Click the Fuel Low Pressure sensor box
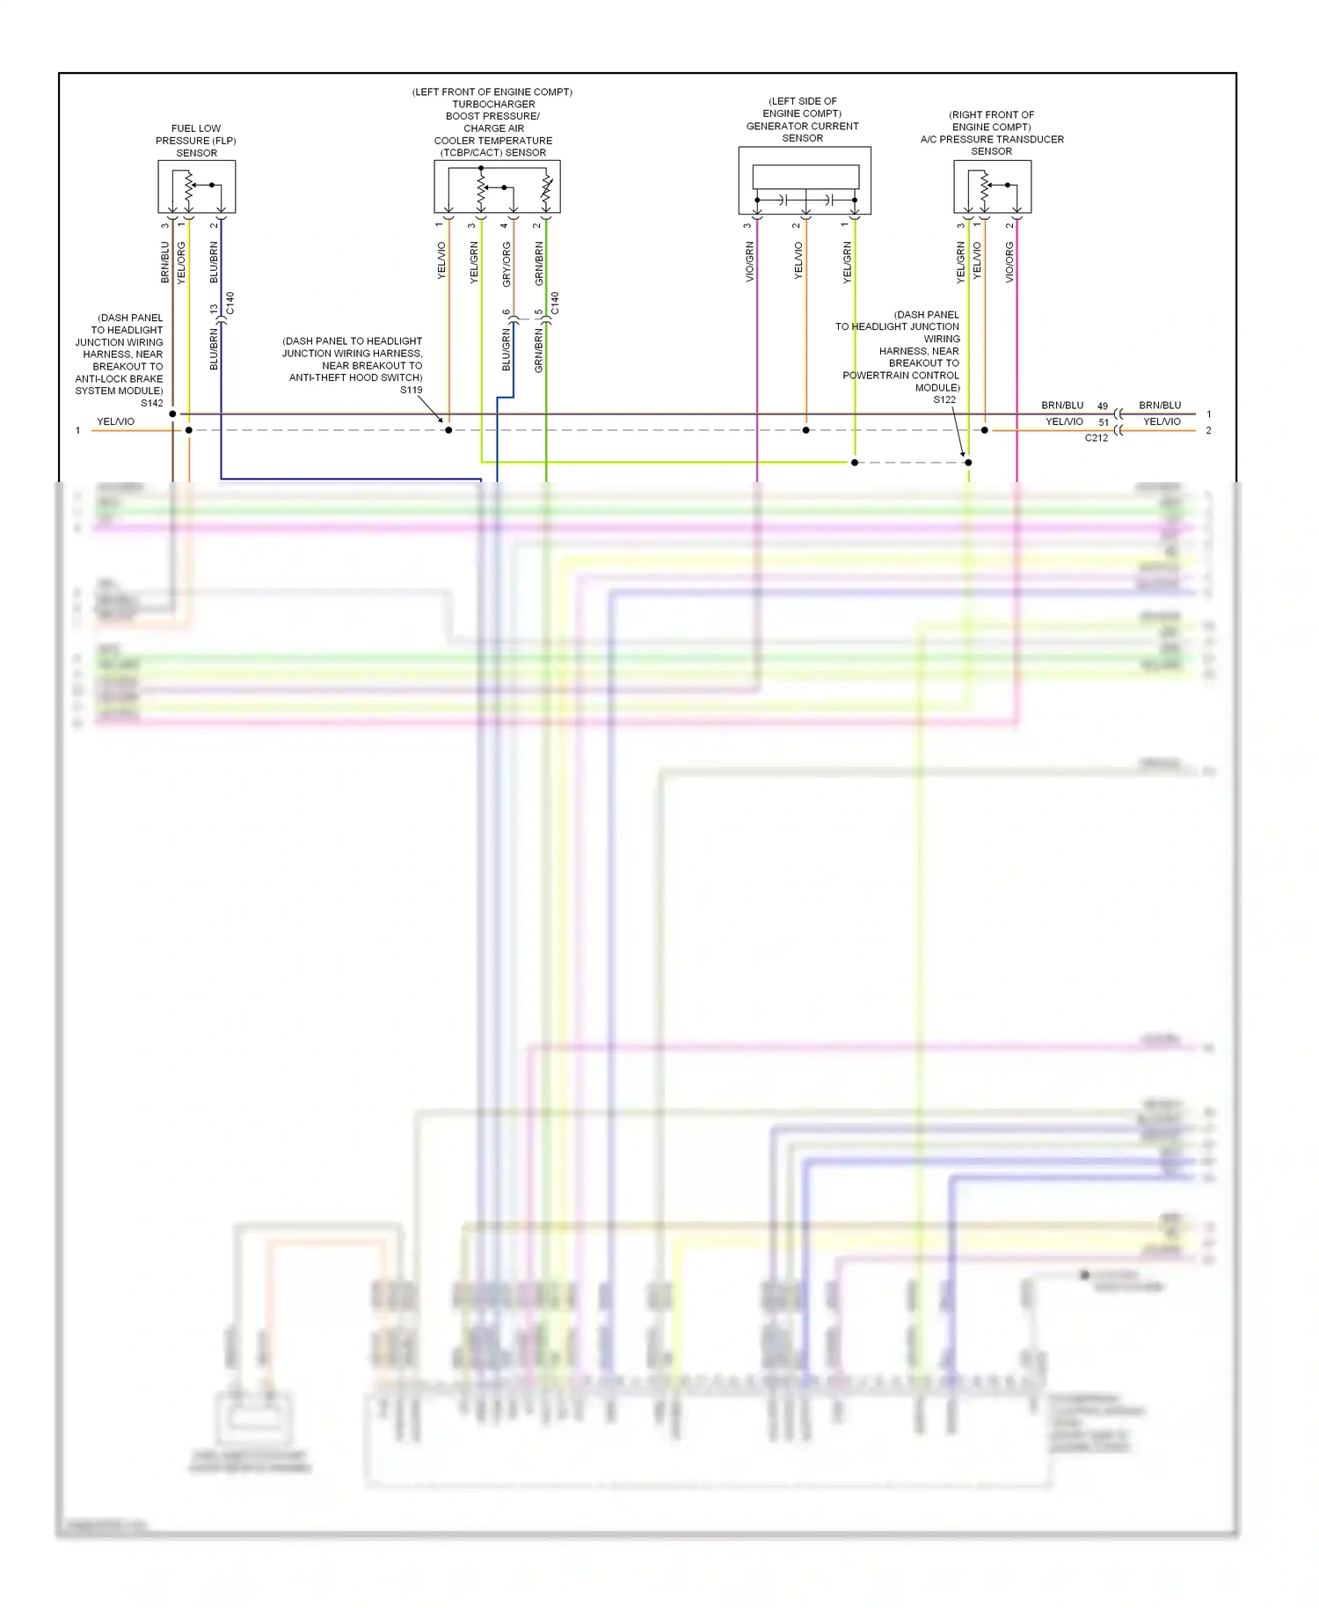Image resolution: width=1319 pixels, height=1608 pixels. click(x=196, y=186)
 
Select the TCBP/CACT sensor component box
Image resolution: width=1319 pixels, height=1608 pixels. click(x=497, y=186)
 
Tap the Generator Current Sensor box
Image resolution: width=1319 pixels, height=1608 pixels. click(x=804, y=181)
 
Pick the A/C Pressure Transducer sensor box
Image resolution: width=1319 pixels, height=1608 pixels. click(x=992, y=186)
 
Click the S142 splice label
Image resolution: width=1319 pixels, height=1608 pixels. click(x=152, y=404)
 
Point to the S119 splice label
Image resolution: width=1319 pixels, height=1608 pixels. click(x=411, y=390)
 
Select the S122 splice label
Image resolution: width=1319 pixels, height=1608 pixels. click(x=944, y=400)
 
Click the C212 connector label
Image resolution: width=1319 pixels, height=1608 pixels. click(x=1096, y=438)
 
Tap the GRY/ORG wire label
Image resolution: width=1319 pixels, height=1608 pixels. click(x=506, y=263)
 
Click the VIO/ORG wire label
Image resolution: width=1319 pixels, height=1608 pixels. click(x=1009, y=261)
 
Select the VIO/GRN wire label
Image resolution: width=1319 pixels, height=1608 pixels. click(x=749, y=262)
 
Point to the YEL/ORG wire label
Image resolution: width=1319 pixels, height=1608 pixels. click(x=182, y=262)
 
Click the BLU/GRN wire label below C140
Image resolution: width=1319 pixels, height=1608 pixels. click(x=506, y=350)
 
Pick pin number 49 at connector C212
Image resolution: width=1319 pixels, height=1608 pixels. click(x=1103, y=406)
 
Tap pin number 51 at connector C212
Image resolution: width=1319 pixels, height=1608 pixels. click(x=1104, y=422)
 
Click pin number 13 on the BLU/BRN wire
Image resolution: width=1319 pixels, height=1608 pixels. click(x=214, y=310)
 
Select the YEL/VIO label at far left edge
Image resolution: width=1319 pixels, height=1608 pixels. click(x=115, y=422)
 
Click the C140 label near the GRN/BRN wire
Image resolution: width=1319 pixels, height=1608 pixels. click(x=554, y=303)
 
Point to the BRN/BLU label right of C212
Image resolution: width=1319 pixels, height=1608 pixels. click(x=1160, y=406)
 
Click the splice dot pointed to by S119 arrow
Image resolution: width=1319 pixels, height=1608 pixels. click(x=448, y=430)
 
